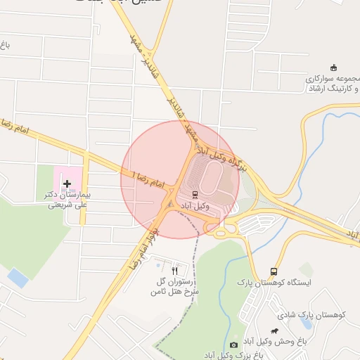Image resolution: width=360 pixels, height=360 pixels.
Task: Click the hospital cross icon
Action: [67, 184]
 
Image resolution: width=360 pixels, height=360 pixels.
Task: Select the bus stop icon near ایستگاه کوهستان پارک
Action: [274, 271]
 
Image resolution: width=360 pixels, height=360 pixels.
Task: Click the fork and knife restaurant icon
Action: [174, 269]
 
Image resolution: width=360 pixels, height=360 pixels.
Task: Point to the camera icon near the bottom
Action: [233, 345]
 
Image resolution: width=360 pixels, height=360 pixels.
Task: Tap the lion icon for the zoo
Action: [273, 330]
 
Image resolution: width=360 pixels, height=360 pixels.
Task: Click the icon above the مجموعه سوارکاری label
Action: [333, 67]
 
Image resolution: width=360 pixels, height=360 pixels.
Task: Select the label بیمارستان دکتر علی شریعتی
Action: [70, 200]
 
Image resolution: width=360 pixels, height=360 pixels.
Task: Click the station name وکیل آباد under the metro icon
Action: [196, 205]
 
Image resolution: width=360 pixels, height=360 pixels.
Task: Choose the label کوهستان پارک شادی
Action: [310, 316]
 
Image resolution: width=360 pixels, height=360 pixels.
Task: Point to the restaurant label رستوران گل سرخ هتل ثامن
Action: [178, 285]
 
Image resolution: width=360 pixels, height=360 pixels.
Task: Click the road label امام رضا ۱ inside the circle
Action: [147, 179]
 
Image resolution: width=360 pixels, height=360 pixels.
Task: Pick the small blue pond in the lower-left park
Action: [18, 278]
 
